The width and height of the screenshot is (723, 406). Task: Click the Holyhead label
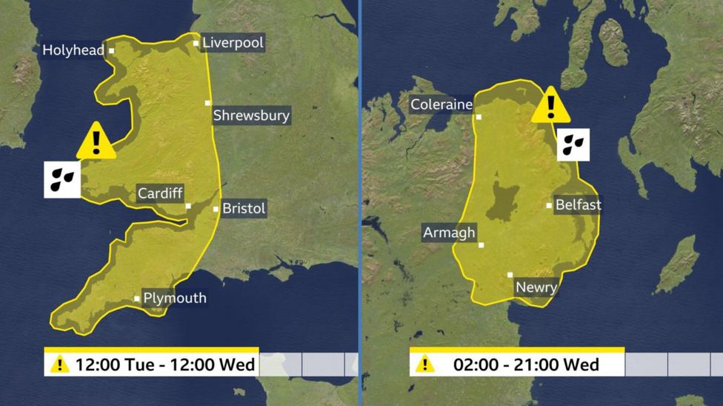click(73, 50)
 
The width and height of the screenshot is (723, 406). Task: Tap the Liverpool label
click(232, 43)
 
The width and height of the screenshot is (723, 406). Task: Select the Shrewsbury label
click(251, 116)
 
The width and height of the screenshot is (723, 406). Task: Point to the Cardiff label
click(159, 194)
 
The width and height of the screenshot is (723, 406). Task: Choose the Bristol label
click(244, 209)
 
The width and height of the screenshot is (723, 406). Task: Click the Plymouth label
click(175, 299)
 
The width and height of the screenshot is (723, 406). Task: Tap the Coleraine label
click(442, 104)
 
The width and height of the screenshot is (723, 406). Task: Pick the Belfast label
click(578, 204)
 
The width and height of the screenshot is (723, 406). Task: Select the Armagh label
click(449, 233)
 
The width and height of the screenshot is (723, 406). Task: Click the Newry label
click(536, 287)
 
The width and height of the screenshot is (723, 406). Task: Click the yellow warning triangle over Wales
click(96, 142)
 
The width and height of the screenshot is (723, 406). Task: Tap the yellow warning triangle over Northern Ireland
click(550, 106)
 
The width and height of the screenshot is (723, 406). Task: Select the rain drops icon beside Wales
click(62, 179)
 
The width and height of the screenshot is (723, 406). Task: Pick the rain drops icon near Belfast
click(573, 144)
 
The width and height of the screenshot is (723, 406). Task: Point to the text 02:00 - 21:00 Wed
click(526, 365)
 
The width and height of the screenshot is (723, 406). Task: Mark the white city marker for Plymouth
click(137, 299)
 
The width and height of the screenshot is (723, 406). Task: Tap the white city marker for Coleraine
click(479, 117)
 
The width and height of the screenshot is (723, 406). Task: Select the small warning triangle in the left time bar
click(59, 365)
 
